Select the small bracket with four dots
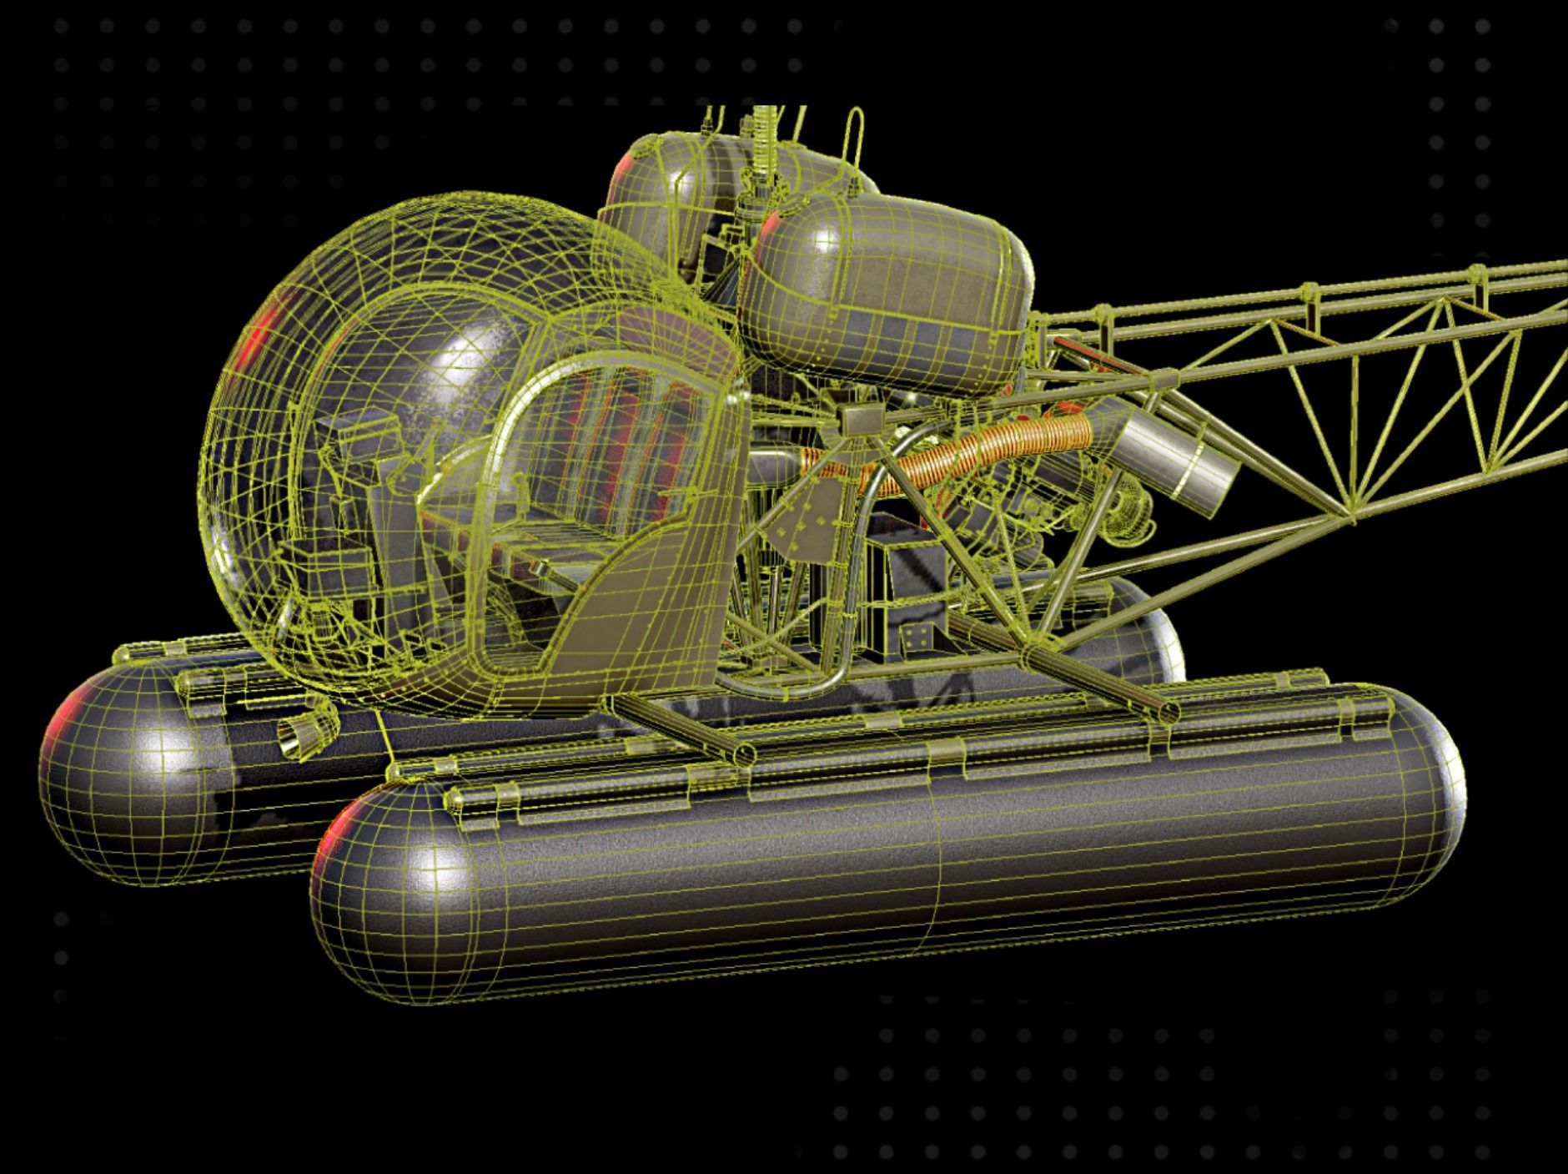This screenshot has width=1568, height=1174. [x=915, y=638]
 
